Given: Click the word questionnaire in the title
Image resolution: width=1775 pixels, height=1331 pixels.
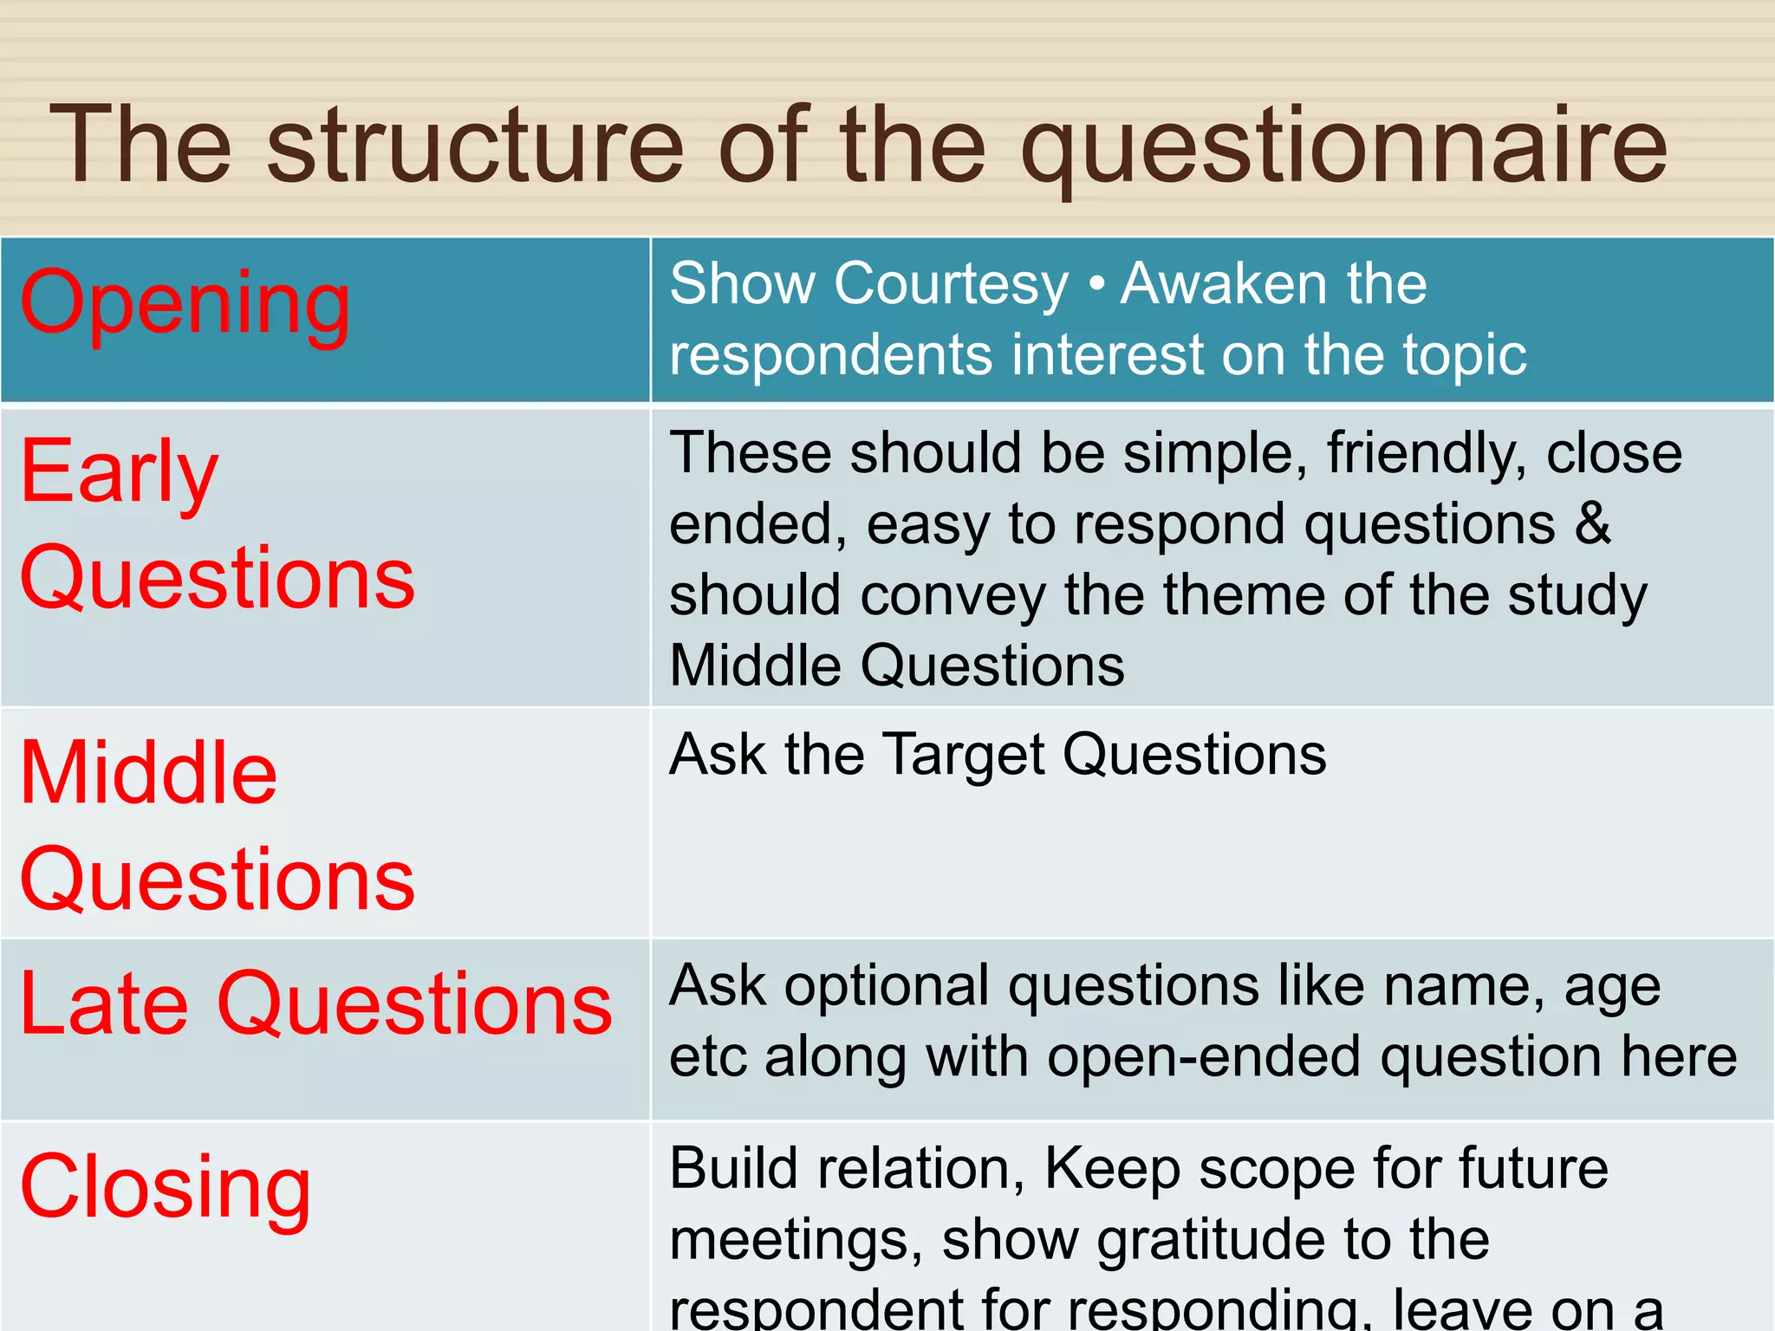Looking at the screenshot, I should (1343, 147).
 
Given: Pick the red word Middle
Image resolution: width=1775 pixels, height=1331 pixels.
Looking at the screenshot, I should (148, 773).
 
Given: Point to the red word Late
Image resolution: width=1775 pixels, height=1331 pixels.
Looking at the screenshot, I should (104, 1003).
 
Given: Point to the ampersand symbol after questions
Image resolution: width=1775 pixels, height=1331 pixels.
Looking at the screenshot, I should (1592, 524).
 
